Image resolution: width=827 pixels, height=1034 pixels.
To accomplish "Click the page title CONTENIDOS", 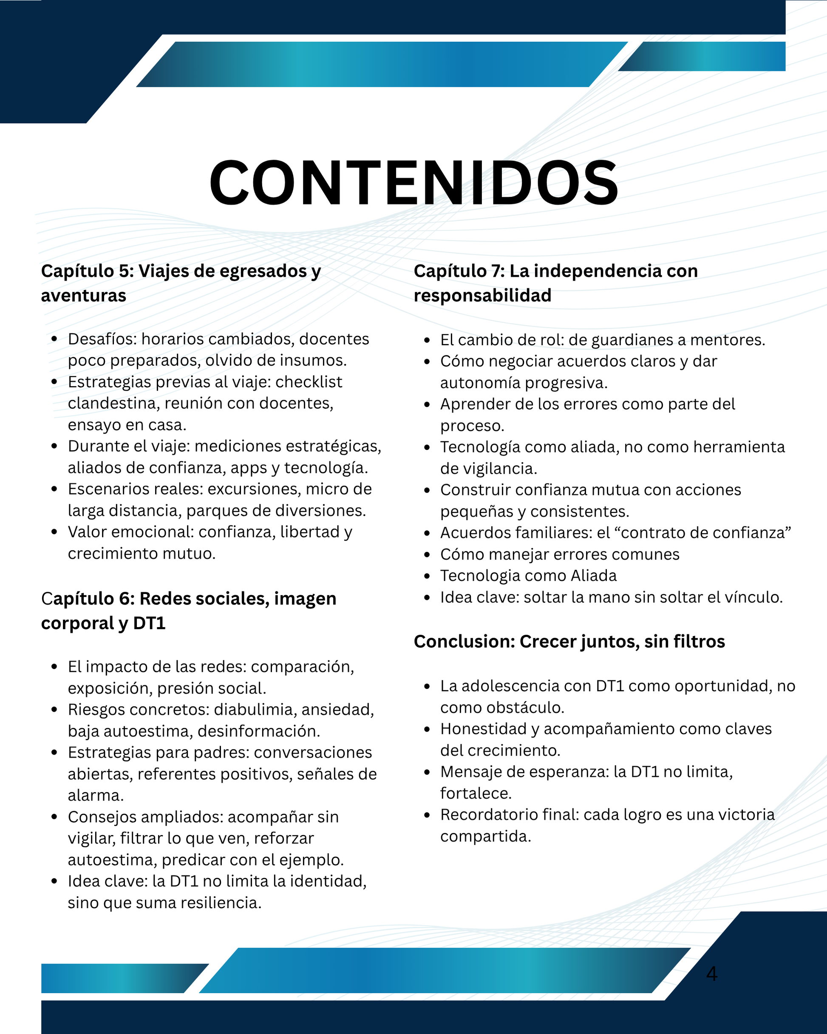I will tap(413, 183).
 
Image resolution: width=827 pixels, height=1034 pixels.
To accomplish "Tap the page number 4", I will tap(711, 974).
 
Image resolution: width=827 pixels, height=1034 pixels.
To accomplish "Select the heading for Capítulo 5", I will tap(181, 283).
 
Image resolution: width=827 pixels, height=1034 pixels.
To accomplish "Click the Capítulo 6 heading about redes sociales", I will tap(188, 611).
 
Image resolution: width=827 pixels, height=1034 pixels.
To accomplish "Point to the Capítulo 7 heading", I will tap(555, 283).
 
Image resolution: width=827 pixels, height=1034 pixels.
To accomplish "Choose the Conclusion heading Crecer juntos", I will tap(569, 641).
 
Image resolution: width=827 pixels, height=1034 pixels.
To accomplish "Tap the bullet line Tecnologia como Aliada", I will tap(528, 576).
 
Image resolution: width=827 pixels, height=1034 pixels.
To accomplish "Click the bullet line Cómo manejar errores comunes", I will tap(560, 554).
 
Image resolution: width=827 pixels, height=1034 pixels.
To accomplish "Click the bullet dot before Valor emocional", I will tap(54, 532).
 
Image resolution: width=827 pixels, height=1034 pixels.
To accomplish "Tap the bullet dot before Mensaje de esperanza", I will tap(427, 772).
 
